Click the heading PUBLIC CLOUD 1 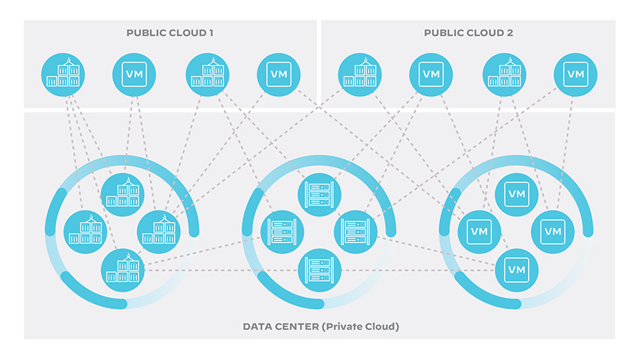pos(170,33)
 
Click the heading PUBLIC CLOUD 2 pos(468,33)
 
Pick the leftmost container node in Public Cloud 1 pos(63,74)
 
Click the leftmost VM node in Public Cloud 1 pos(134,74)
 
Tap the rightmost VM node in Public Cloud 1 pos(279,74)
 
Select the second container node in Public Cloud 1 pos(207,74)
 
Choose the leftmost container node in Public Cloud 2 pos(360,74)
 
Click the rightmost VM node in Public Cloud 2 pos(575,74)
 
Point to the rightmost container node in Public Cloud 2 pos(504,74)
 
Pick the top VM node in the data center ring pos(516,193)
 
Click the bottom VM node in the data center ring pos(516,270)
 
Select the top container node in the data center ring pos(122,193)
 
